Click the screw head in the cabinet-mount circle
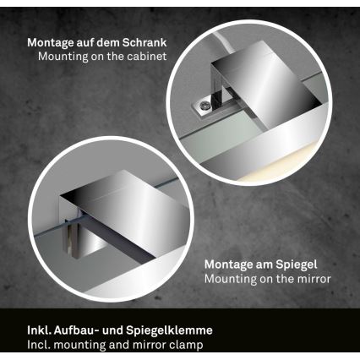(205, 106)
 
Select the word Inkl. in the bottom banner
(17, 330)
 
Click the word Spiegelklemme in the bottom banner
(173, 330)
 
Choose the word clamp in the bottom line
(187, 345)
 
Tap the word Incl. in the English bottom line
(16, 345)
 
